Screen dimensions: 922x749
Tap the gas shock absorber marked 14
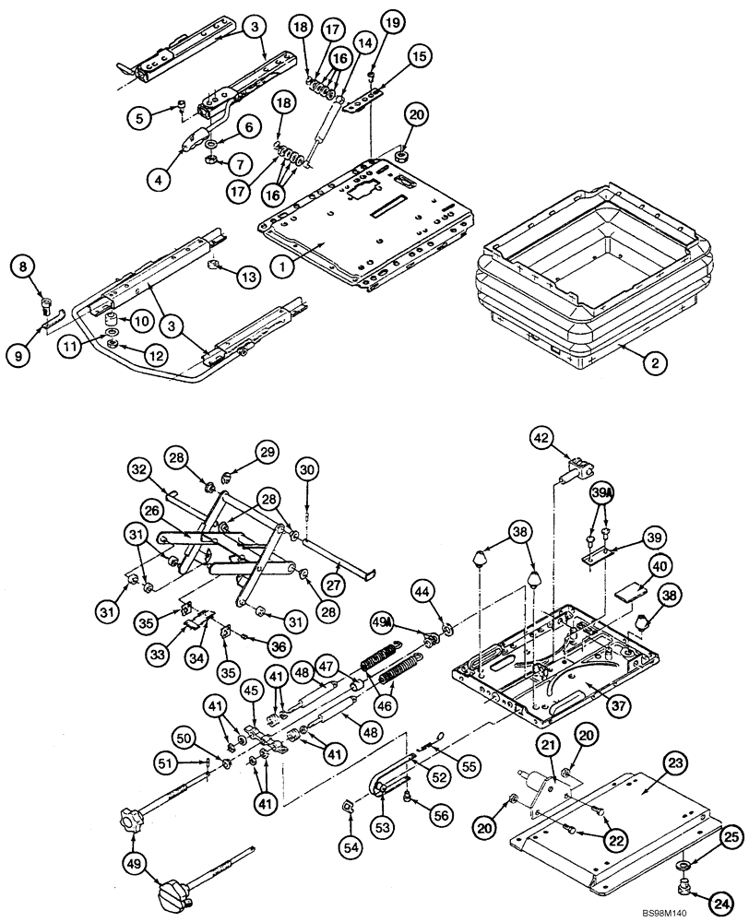[324, 129]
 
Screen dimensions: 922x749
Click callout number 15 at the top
[420, 57]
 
